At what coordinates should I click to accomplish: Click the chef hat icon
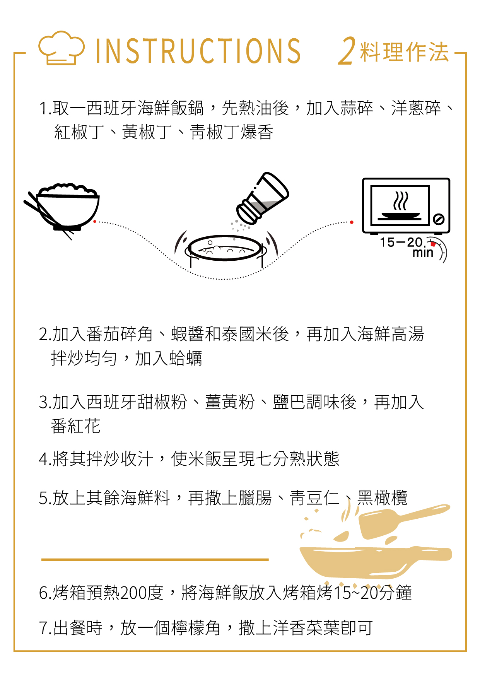pos(61,48)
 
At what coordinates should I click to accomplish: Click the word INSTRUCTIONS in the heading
pos(198,51)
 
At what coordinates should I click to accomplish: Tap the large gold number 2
pos(347,51)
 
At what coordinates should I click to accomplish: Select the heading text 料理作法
pos(404,52)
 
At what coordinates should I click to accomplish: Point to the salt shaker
pos(263,198)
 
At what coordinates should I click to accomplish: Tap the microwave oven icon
pos(406,206)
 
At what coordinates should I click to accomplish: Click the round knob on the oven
pos(438,219)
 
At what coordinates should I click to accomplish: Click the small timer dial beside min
pos(439,250)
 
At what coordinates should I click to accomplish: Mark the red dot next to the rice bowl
pos(95,222)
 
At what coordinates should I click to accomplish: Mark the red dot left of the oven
pos(352,222)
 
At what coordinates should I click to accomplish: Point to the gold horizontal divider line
pos(155,560)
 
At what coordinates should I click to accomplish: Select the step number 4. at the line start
pos(45,459)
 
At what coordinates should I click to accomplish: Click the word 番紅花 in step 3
pos(76,426)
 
